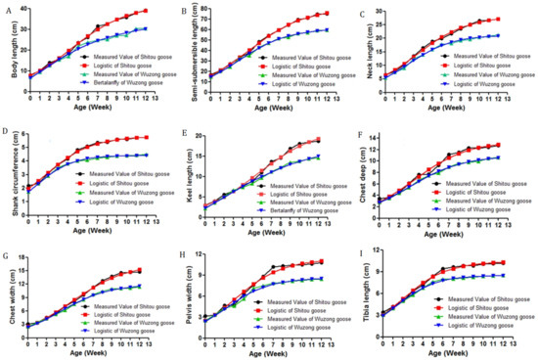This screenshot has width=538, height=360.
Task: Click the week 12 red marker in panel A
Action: coord(146,11)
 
